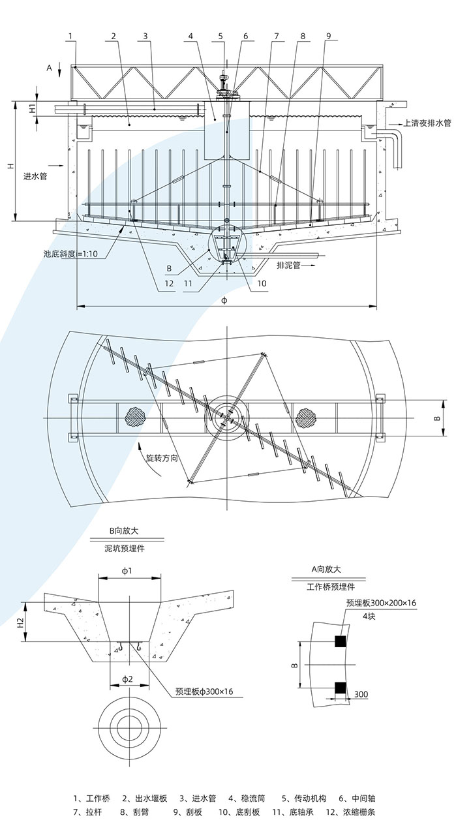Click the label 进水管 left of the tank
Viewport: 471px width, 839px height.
pyautogui.click(x=35, y=176)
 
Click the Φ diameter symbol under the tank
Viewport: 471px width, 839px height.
pyautogui.click(x=224, y=300)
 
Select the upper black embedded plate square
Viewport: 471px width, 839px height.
pyautogui.click(x=339, y=642)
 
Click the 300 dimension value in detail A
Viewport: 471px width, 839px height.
pyautogui.click(x=361, y=694)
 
